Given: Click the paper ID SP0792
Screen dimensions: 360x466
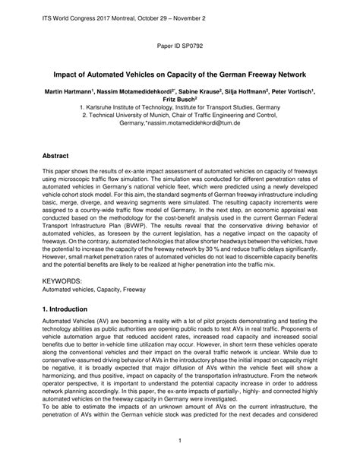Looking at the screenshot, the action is point(179,46).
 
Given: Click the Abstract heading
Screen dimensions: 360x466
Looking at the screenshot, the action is point(61,154).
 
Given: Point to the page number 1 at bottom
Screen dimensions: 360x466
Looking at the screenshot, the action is point(180,440).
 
